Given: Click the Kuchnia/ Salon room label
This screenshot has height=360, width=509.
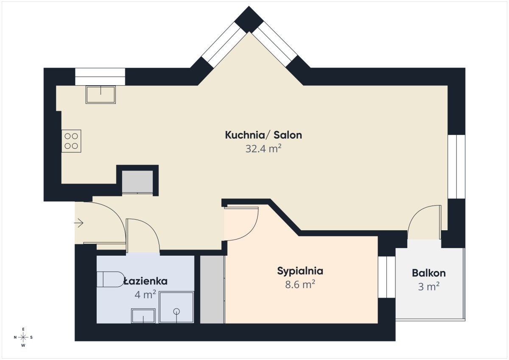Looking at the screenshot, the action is click(x=263, y=135).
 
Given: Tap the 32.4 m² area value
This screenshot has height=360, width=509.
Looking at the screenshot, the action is click(x=263, y=149).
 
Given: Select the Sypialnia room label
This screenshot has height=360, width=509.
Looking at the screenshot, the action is click(x=300, y=271).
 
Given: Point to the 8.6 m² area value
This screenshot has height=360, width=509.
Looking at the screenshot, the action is click(x=300, y=285).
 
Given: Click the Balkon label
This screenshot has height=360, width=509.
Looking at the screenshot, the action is click(x=429, y=273).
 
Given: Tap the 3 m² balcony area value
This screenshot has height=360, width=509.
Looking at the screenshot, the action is click(x=429, y=286).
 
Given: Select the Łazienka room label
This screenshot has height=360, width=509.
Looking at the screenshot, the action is click(x=145, y=281).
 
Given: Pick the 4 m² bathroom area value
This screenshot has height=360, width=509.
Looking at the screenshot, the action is click(x=145, y=295).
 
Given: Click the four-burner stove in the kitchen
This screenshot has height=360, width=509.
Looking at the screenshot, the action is click(x=71, y=141).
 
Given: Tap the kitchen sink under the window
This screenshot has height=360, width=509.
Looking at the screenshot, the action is click(x=101, y=95).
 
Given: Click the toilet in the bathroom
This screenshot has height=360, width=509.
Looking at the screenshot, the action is click(x=110, y=279).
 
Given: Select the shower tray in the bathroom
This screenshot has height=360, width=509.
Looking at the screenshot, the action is click(x=176, y=307).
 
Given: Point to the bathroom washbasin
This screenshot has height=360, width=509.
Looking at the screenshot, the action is click(x=143, y=316).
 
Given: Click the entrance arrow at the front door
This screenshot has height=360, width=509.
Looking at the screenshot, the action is click(x=78, y=223).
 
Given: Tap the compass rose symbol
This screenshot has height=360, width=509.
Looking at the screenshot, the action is click(x=23, y=337).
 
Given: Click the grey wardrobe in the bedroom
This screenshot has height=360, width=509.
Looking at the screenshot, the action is click(x=212, y=289).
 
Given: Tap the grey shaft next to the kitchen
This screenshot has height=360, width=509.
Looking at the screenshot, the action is click(x=137, y=182).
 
